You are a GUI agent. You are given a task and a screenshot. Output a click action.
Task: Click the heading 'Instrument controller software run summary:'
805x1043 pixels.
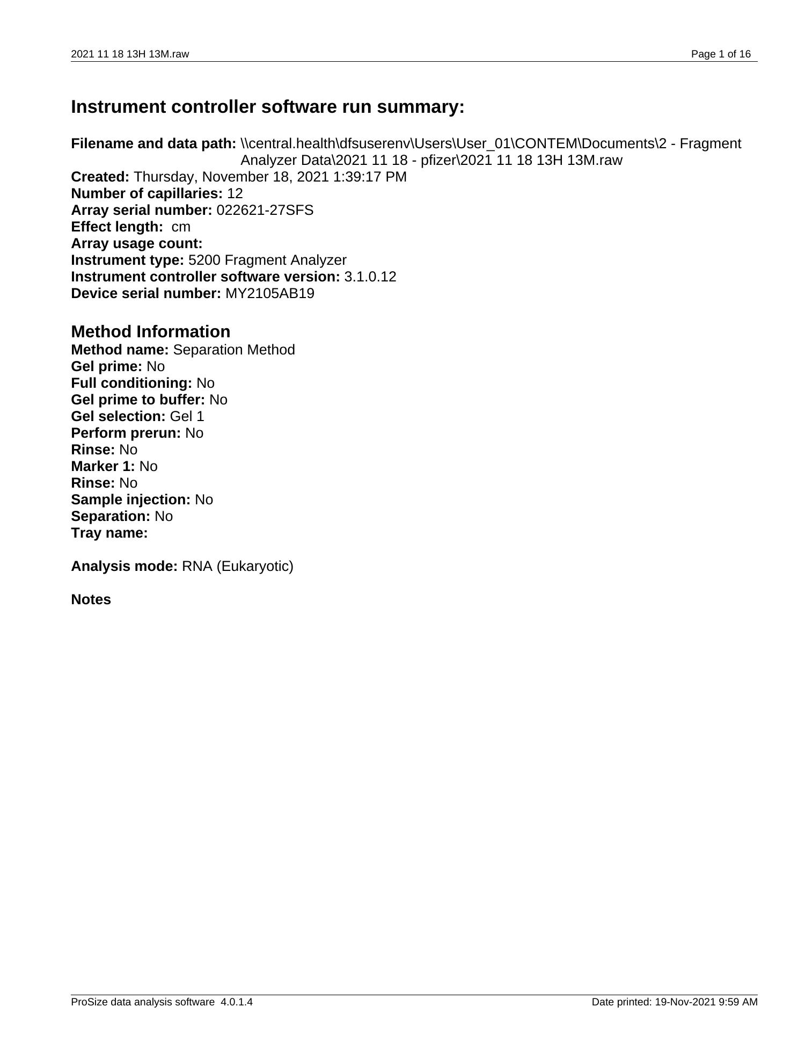pyautogui.click(x=267, y=107)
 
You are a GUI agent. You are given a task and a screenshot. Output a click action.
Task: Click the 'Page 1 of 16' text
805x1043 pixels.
pyautogui.click(x=721, y=54)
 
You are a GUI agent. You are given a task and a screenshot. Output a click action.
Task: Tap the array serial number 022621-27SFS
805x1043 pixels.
pyautogui.click(x=265, y=210)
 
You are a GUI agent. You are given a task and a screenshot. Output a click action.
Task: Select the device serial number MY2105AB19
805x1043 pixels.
pyautogui.click(x=270, y=293)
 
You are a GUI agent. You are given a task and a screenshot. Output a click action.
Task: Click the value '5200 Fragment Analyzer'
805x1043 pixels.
pyautogui.click(x=267, y=260)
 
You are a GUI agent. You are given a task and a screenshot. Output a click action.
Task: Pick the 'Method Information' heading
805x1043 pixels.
pyautogui.click(x=150, y=331)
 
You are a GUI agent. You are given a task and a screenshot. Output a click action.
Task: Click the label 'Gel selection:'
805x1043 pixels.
pyautogui.click(x=118, y=416)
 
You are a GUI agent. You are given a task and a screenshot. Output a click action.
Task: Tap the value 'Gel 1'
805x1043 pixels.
pyautogui.click(x=187, y=416)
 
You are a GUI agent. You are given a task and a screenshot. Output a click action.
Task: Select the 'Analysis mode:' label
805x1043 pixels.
pyautogui.click(x=124, y=566)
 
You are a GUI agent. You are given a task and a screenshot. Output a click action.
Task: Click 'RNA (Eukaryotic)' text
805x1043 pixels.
pyautogui.click(x=238, y=566)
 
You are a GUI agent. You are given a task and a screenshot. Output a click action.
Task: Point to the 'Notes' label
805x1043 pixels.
pyautogui.click(x=91, y=599)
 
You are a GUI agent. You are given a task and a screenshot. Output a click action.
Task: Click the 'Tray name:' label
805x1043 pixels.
pyautogui.click(x=109, y=533)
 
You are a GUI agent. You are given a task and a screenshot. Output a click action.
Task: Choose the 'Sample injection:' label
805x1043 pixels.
pyautogui.click(x=130, y=499)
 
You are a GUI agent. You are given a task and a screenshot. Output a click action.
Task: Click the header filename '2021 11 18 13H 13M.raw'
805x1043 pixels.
pyautogui.click(x=130, y=54)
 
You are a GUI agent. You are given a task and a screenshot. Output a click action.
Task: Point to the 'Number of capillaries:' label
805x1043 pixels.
pyautogui.click(x=147, y=193)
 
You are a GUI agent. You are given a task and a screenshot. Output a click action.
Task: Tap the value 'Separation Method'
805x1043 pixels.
pyautogui.click(x=234, y=350)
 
